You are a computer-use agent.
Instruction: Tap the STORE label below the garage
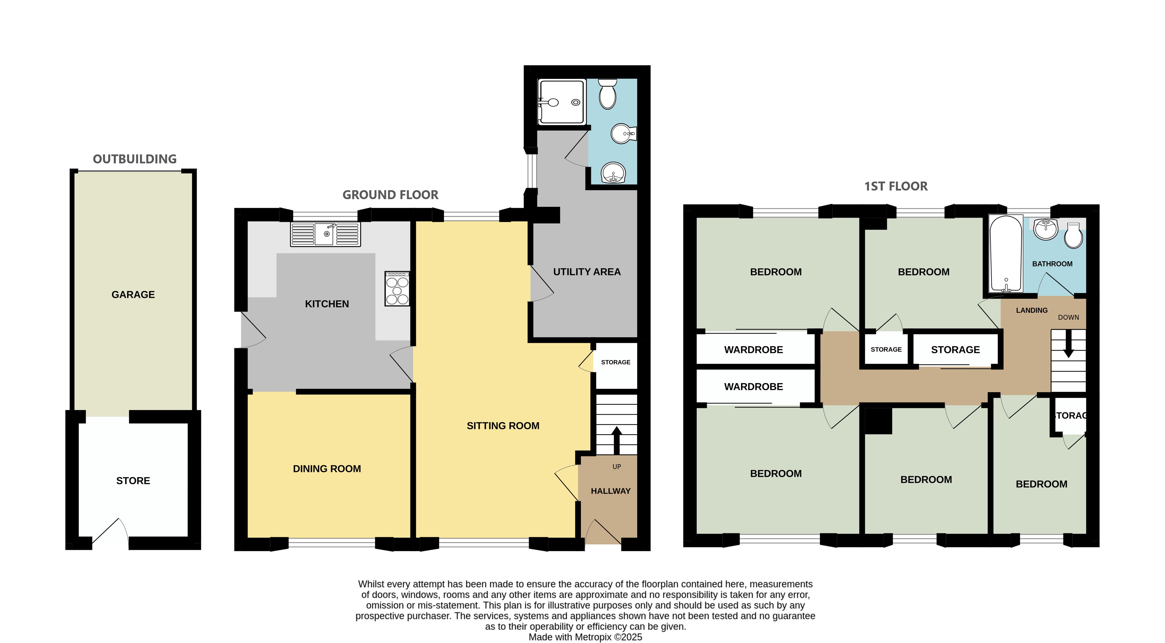[133, 481]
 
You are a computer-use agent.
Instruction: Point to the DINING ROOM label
[327, 469]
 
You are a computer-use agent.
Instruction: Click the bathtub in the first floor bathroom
[1006, 254]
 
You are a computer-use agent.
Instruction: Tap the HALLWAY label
[611, 491]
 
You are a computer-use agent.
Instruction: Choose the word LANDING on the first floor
[1031, 310]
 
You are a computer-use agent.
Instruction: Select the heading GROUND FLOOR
[390, 195]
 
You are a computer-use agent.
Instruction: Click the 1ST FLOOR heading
[896, 186]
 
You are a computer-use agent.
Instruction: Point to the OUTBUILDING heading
[135, 159]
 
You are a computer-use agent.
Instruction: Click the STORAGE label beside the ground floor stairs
[615, 362]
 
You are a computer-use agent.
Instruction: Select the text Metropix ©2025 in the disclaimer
[608, 637]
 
